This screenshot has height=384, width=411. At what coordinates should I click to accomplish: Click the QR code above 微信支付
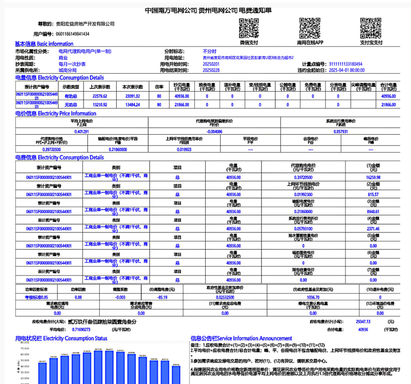tap(249, 29)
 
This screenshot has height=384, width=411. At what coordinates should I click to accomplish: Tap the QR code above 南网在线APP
tap(310, 29)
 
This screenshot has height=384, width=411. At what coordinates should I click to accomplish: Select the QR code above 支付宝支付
tap(371, 29)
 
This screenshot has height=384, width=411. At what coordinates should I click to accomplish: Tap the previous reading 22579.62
tap(100, 96)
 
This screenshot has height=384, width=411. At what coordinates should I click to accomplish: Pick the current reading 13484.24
tap(132, 104)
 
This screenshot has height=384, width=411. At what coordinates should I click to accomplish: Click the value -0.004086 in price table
tap(214, 132)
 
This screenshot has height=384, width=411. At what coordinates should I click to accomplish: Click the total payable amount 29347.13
tap(362, 322)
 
